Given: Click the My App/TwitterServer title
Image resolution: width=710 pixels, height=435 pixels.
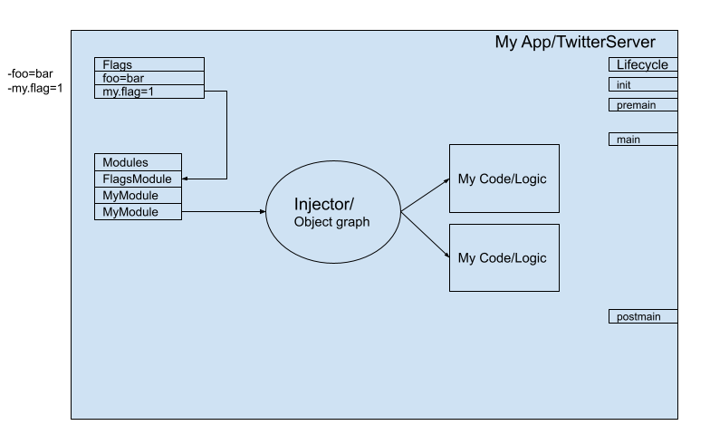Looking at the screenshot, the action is [x=574, y=42].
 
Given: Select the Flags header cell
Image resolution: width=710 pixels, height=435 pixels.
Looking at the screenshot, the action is [x=149, y=64].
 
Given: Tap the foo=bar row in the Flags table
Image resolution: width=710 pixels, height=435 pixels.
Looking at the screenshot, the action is [x=149, y=78].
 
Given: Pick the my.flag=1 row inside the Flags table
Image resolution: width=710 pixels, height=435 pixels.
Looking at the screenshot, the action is [x=149, y=92].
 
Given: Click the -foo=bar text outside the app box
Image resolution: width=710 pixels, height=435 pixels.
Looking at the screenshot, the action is [x=31, y=74].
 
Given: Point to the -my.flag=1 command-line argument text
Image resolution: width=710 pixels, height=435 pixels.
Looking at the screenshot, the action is [x=34, y=89].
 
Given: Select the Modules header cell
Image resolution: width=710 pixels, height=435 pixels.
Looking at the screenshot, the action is [x=138, y=162].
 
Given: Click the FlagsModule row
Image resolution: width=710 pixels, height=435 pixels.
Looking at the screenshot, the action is [x=138, y=179].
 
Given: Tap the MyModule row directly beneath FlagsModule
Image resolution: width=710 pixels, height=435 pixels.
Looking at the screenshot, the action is [x=138, y=196].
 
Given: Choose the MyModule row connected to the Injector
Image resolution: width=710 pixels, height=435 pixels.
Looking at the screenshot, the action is [x=138, y=212].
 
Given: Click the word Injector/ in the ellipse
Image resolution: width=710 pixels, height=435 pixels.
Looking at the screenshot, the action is [x=324, y=205].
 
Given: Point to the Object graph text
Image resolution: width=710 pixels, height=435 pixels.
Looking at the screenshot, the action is [x=331, y=222].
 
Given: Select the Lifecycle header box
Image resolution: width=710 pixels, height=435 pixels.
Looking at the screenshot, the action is [x=643, y=64].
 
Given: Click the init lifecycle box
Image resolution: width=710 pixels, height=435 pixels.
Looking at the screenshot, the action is [x=643, y=85].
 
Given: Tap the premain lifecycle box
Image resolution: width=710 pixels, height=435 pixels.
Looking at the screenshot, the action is [x=643, y=105].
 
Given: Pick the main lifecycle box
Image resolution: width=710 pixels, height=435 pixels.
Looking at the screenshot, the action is [x=643, y=140].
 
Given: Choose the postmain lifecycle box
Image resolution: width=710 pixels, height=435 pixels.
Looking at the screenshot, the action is [x=643, y=316].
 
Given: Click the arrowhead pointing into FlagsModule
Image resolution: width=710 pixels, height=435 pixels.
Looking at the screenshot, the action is [x=185, y=179].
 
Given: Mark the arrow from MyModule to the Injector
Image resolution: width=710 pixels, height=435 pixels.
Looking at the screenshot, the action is [x=224, y=212].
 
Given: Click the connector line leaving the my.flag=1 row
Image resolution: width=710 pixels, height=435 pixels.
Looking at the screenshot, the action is [x=226, y=135].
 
